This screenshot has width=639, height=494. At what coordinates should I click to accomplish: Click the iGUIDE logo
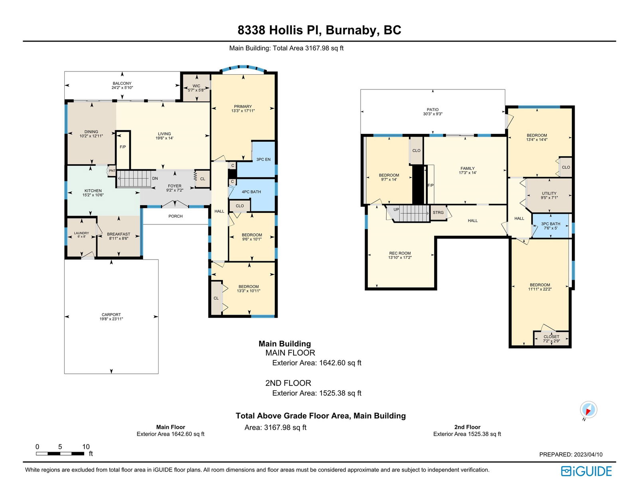(586, 471)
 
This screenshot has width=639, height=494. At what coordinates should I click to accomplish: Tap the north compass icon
(588, 410)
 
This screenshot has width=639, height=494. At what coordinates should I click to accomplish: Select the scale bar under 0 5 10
(60, 454)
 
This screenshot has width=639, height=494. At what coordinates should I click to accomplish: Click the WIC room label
(196, 86)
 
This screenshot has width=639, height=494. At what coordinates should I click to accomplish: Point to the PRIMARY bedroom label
(243, 107)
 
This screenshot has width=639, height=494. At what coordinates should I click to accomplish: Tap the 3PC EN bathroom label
(263, 159)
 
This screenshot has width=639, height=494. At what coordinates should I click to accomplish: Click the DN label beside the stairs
(155, 179)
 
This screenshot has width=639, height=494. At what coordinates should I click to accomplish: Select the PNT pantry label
(112, 171)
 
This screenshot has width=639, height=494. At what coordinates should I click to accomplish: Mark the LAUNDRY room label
(81, 233)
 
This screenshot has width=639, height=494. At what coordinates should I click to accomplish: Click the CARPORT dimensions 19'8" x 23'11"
(111, 319)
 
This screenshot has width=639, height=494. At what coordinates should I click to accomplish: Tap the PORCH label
(176, 216)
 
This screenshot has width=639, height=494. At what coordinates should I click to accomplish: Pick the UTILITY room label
(549, 193)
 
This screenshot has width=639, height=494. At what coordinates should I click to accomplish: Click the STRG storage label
(438, 212)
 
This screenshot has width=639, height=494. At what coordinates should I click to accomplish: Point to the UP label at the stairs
(396, 210)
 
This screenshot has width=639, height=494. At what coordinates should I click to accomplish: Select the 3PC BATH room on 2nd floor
(550, 226)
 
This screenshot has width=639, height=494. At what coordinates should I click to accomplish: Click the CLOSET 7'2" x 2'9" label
(552, 339)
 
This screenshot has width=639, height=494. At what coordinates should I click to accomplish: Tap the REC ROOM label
(400, 253)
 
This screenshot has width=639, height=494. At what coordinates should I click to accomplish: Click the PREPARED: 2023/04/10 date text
(571, 454)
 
